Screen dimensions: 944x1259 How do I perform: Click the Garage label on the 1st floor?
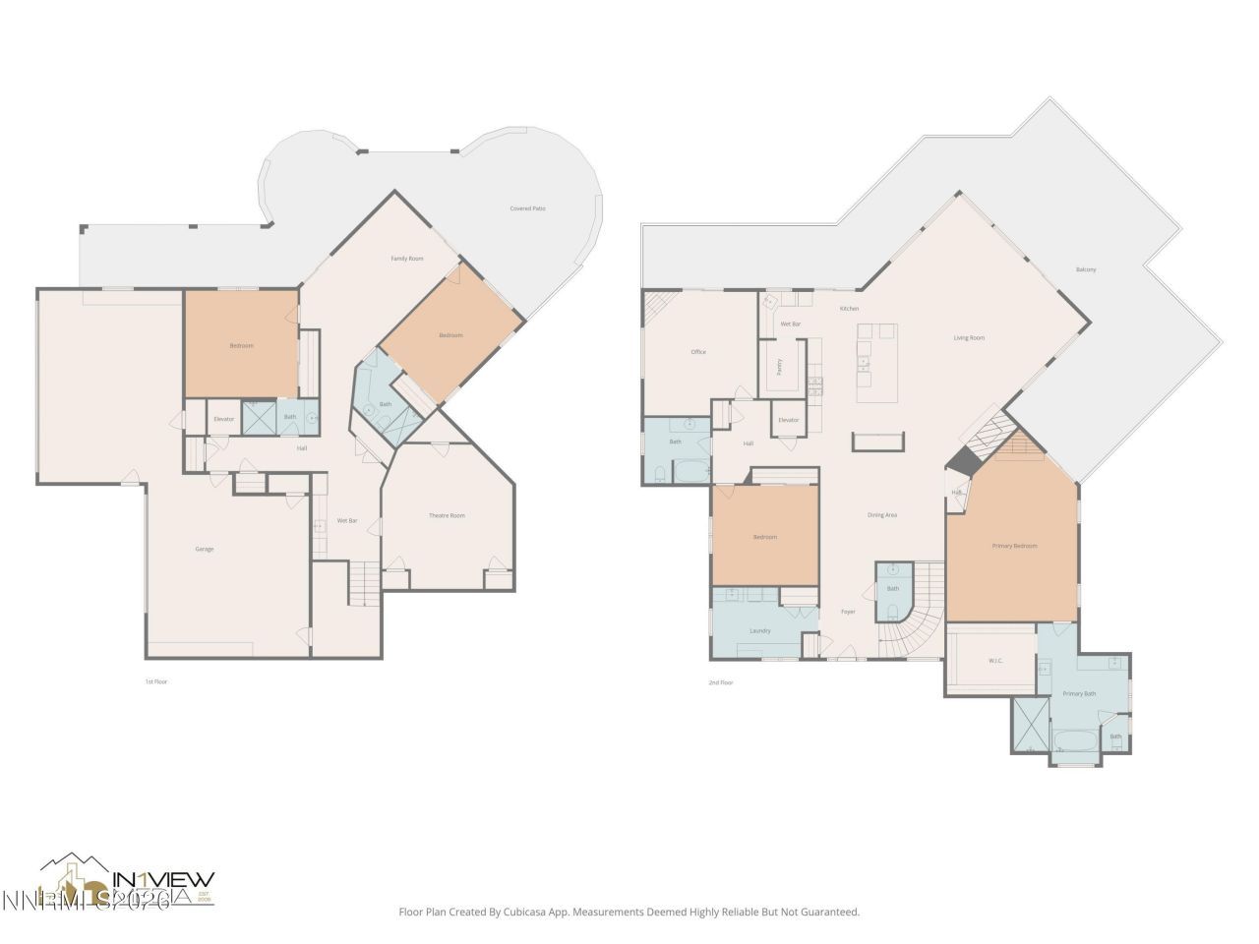[204, 549]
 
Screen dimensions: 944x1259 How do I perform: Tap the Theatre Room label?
[447, 515]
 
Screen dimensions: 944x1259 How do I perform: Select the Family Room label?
[406, 259]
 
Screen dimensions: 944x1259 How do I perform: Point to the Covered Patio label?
[527, 208]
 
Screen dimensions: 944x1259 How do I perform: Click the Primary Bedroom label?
[1014, 546]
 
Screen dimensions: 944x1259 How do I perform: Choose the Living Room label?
[969, 338]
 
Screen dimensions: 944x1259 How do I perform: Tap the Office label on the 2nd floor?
[698, 352]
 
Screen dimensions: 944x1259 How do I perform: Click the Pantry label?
[780, 366]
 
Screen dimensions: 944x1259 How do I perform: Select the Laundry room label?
[760, 630]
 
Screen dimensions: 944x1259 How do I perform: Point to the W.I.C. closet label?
[995, 661]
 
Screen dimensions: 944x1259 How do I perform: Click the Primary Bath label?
[1079, 693]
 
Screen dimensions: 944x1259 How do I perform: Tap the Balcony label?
[1086, 269]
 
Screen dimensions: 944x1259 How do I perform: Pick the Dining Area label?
[882, 515]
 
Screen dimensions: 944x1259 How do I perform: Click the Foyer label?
[848, 612]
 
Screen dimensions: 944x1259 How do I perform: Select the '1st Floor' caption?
[156, 681]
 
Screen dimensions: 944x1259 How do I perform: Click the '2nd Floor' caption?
[721, 681]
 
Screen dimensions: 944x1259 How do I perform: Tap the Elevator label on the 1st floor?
[224, 419]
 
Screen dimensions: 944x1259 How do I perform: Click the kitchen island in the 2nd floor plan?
[876, 363]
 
